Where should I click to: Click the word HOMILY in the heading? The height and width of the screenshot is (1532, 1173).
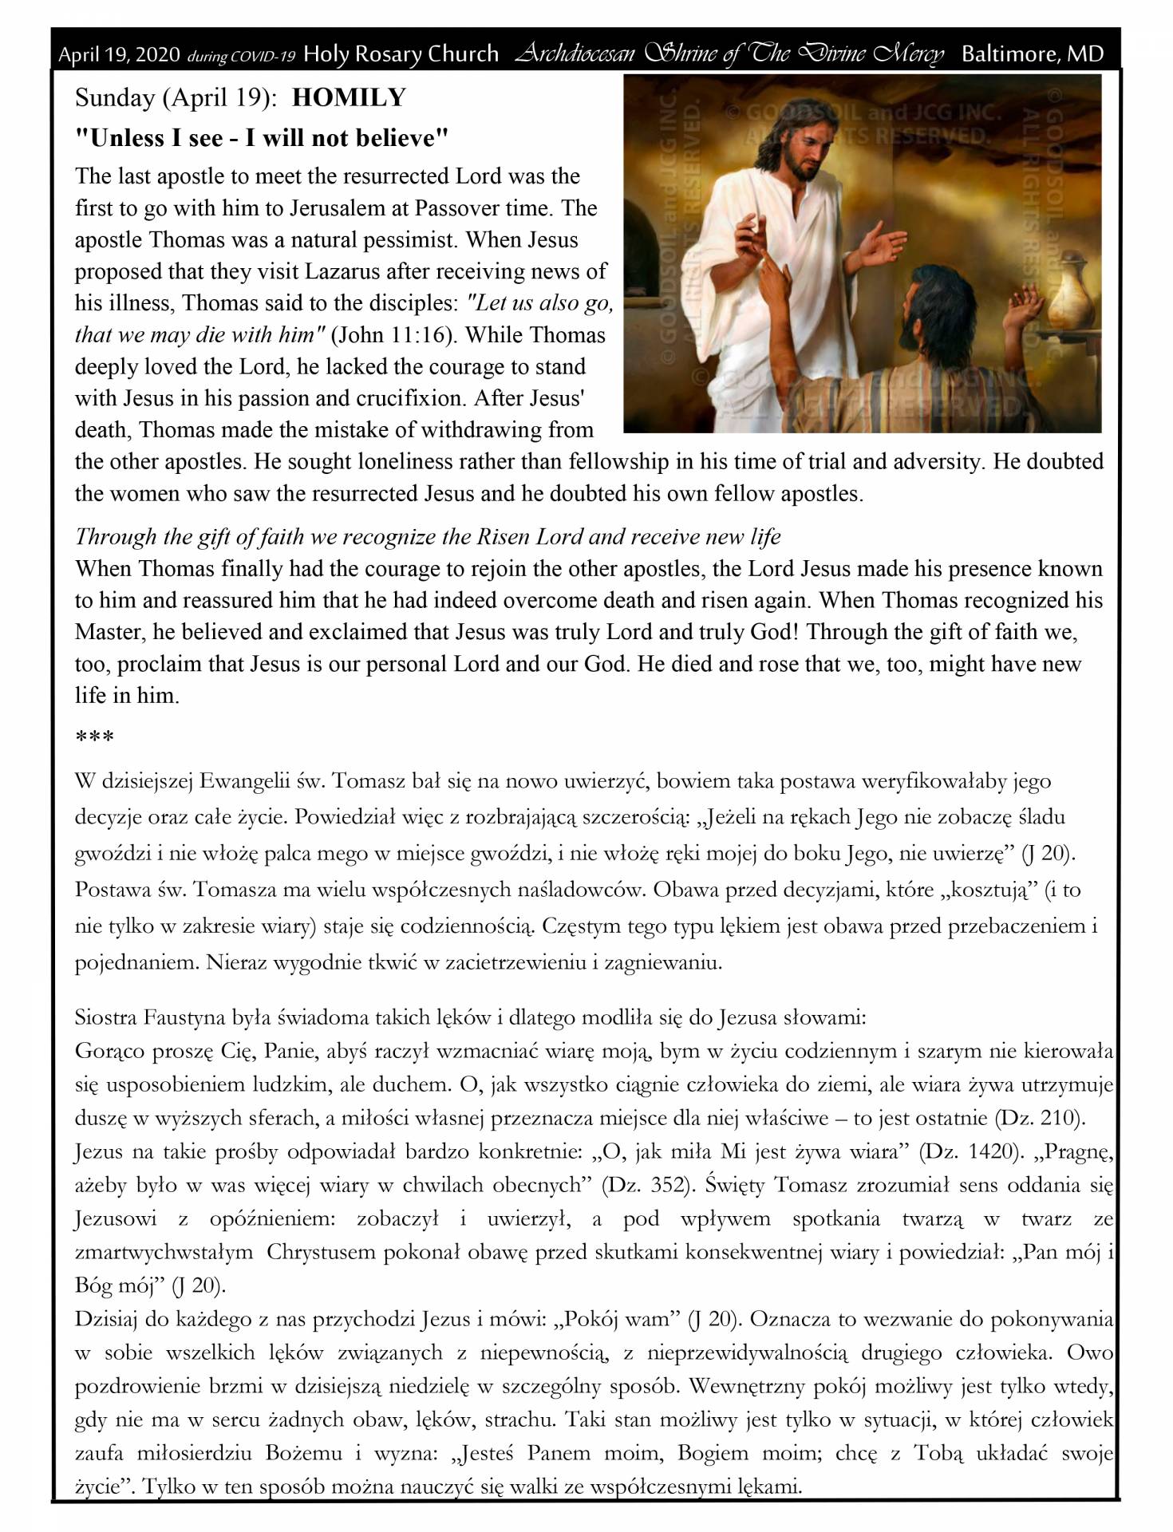pos(350,98)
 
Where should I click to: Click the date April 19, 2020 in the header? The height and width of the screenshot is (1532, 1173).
pos(120,55)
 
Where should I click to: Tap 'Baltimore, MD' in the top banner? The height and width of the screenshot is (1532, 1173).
pos(1033,54)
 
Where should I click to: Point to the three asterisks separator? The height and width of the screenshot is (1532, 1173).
pos(94,736)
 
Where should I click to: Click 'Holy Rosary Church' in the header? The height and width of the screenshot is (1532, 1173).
pos(401,54)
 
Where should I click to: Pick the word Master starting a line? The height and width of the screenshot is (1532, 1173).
pos(108,632)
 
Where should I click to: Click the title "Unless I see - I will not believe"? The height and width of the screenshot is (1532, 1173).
pos(261,139)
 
